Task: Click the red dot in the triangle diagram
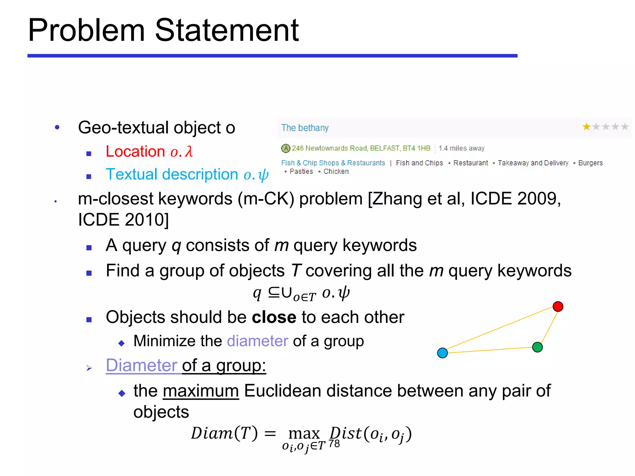558,306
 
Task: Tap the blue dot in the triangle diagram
442,353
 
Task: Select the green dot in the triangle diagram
537,347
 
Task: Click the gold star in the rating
586,127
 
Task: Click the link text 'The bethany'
305,128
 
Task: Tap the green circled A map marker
286,148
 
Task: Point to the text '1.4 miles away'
461,148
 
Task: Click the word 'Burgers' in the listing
590,163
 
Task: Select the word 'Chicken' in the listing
336,172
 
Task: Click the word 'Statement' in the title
227,30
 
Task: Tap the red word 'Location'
135,152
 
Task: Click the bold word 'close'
274,317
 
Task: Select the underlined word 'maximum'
201,391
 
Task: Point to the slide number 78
334,444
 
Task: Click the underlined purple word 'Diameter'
141,365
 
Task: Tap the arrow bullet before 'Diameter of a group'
89,368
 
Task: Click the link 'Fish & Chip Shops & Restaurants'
333,163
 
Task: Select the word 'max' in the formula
304,434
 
